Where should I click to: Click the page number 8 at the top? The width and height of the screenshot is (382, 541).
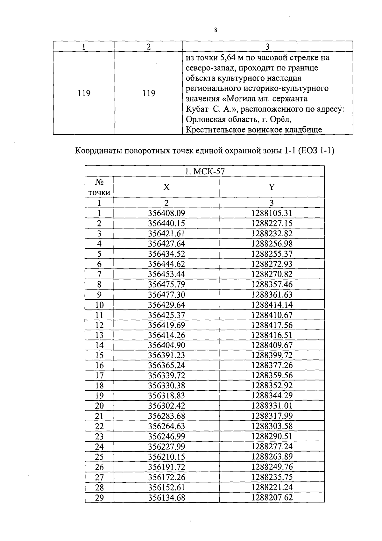tap(216, 30)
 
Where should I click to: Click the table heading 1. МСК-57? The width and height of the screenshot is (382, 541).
tap(205, 171)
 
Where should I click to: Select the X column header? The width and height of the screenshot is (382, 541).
tap(166, 187)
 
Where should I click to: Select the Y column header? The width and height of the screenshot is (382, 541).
tap(272, 187)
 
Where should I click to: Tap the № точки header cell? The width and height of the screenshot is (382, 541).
tap(99, 187)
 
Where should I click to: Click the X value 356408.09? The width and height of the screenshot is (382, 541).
tap(166, 213)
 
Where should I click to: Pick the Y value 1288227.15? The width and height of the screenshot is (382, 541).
tap(272, 223)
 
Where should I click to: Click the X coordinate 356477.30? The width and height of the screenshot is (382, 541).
tap(166, 295)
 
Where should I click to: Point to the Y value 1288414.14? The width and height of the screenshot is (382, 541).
tap(272, 305)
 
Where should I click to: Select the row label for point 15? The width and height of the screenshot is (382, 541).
tap(99, 355)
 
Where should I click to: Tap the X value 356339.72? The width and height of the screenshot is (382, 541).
tap(166, 375)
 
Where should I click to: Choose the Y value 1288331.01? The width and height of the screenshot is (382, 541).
tap(272, 406)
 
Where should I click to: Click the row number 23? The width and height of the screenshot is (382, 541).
tap(99, 436)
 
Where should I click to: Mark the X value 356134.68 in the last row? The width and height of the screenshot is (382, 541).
tap(166, 497)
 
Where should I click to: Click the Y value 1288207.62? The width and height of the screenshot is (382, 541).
tap(272, 497)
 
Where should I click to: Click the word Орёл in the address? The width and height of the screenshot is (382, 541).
tap(281, 119)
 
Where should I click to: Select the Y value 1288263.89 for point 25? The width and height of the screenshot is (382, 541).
tap(272, 457)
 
